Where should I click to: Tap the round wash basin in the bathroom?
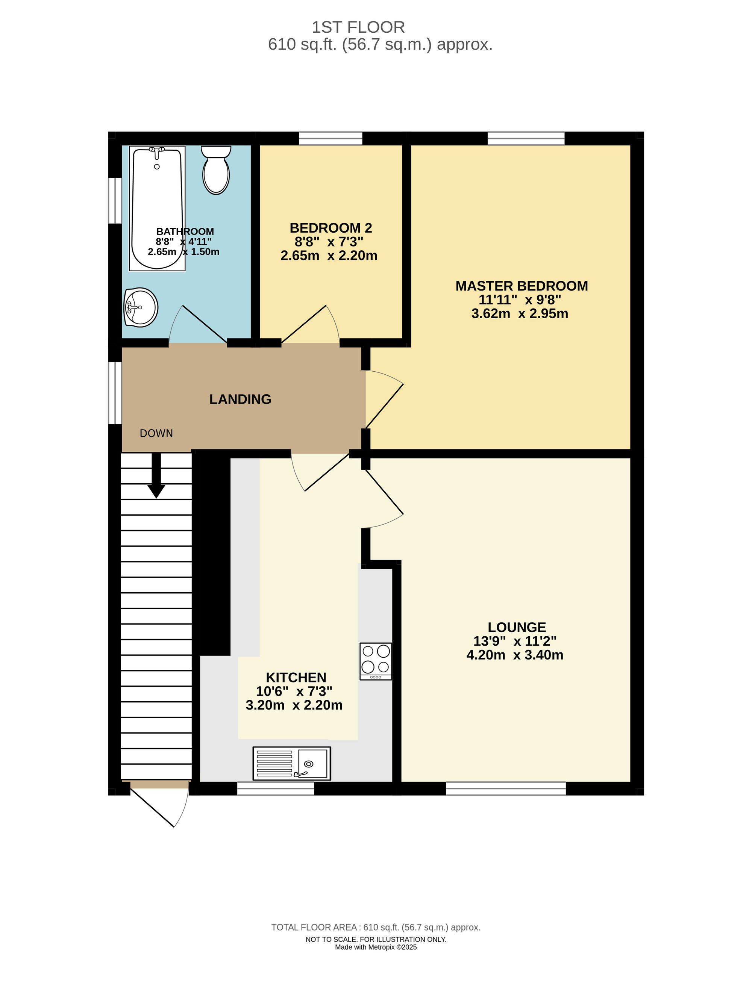(x=141, y=307)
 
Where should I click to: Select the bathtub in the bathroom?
(x=157, y=209)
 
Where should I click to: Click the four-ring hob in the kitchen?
(x=376, y=661)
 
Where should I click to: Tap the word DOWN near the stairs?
(x=156, y=433)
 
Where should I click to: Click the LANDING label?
(x=240, y=399)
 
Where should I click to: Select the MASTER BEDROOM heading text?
(x=522, y=286)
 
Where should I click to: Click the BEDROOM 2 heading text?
(x=331, y=228)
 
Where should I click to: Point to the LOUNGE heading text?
(x=517, y=627)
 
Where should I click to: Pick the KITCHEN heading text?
(x=296, y=677)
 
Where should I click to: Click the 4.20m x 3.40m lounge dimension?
(x=515, y=655)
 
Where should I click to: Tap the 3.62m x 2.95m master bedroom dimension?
(x=520, y=313)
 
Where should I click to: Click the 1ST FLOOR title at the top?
(x=358, y=27)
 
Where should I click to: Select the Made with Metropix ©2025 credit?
(x=376, y=947)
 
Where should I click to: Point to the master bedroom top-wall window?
(x=526, y=138)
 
